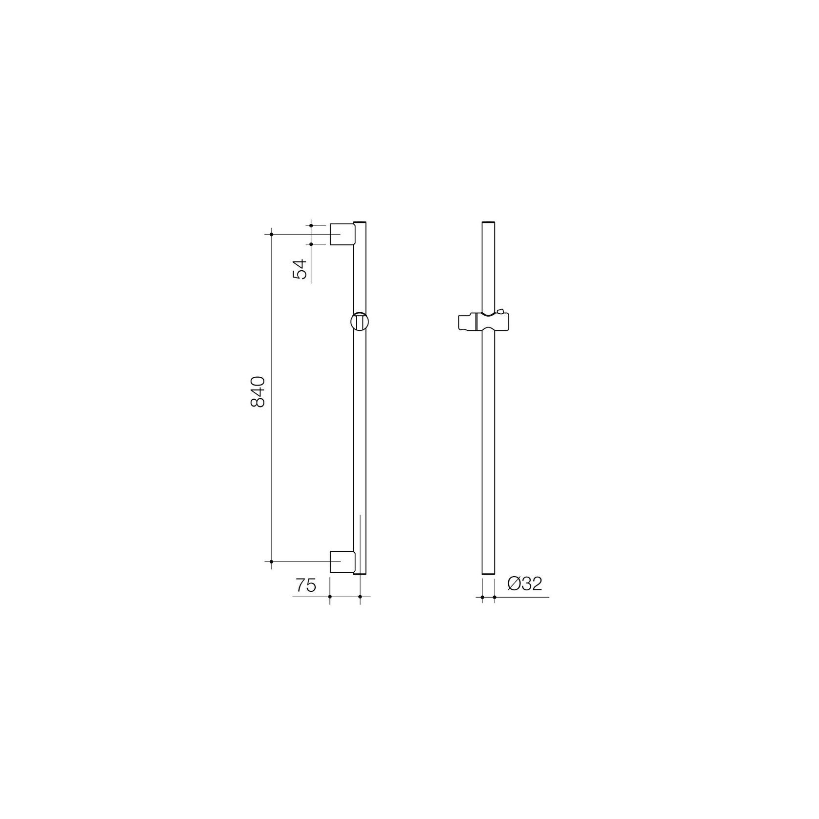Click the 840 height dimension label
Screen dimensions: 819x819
[257, 391]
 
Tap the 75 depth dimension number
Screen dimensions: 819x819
[305, 585]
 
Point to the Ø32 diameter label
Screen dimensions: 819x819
[525, 583]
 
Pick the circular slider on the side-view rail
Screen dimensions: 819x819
[360, 322]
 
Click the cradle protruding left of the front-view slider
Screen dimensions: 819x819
[466, 323]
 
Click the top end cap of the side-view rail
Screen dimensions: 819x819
[360, 223]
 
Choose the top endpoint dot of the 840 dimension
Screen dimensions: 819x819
[271, 235]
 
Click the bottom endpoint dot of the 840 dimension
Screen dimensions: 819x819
[271, 561]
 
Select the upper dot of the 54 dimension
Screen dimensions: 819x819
[311, 225]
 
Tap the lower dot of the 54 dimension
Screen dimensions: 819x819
[311, 243]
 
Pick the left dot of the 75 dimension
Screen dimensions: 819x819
[330, 597]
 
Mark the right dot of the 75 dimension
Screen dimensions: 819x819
[360, 597]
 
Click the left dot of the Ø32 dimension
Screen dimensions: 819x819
[482, 597]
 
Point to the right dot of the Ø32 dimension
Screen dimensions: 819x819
[494, 597]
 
